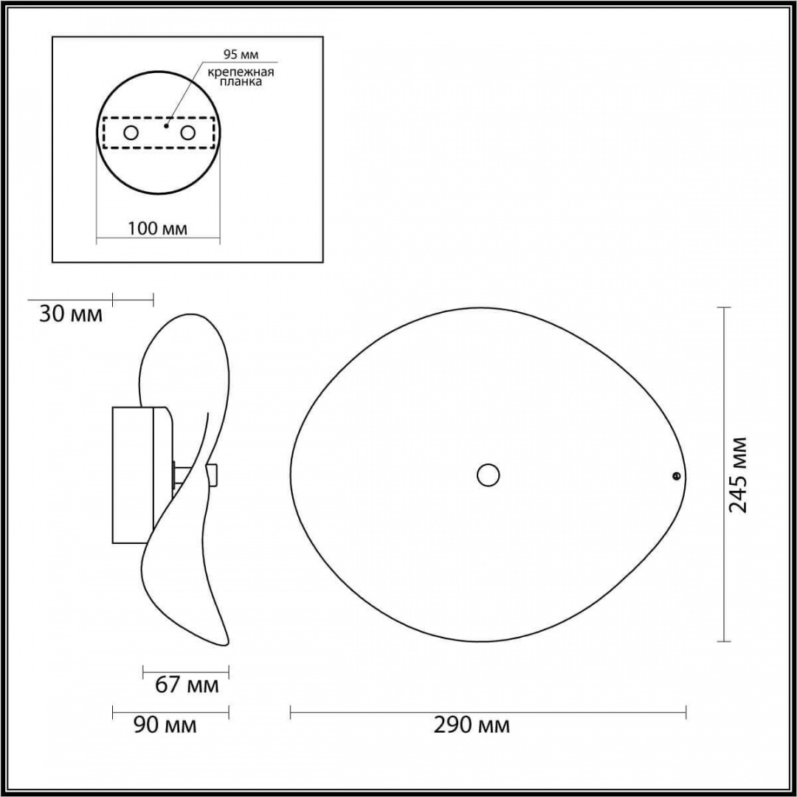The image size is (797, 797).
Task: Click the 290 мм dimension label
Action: pyautogui.click(x=471, y=725)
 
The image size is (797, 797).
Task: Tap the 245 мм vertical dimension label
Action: pyautogui.click(x=737, y=475)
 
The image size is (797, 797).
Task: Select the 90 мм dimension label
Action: pyautogui.click(x=165, y=725)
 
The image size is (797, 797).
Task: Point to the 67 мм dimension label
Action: pyautogui.click(x=187, y=685)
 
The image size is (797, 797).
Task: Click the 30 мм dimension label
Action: pyautogui.click(x=71, y=314)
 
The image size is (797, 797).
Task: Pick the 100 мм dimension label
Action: pyautogui.click(x=157, y=228)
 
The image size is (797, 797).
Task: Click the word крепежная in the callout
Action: pyautogui.click(x=241, y=72)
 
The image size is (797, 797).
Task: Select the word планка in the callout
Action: pyautogui.click(x=241, y=82)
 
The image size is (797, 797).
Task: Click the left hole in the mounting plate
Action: pyautogui.click(x=131, y=133)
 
